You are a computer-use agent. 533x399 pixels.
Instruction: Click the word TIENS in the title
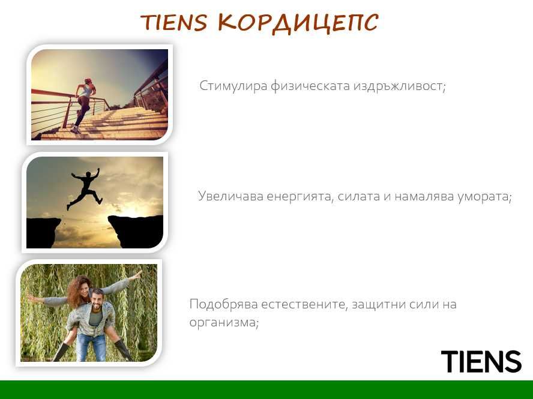click(x=173, y=23)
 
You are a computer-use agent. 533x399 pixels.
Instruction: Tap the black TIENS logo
click(x=481, y=362)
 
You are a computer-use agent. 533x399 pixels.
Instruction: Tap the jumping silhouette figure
click(x=85, y=188)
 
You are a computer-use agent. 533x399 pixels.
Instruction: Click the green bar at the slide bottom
click(x=266, y=389)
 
